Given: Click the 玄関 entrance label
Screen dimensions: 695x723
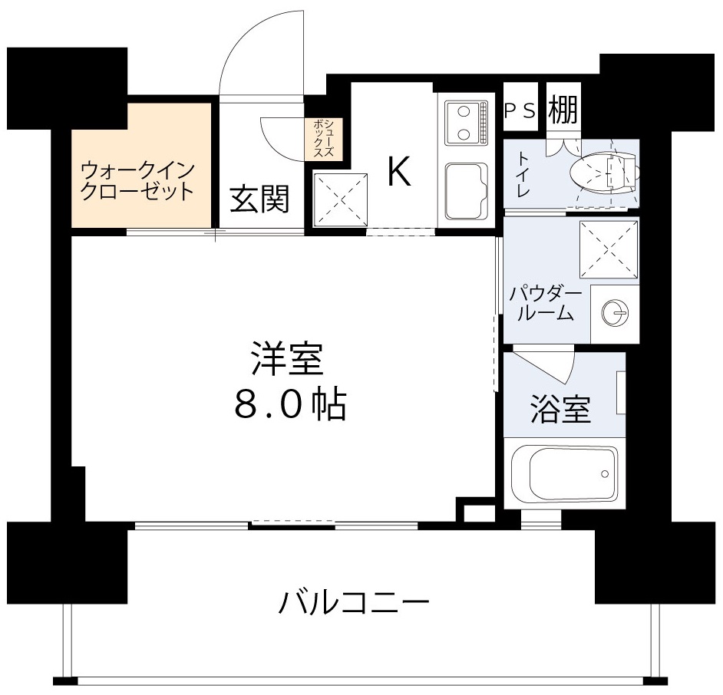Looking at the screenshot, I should tap(259, 199).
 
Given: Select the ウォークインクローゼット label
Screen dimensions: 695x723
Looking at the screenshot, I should tap(137, 180).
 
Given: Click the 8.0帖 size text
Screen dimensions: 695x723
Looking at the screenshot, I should tap(289, 403).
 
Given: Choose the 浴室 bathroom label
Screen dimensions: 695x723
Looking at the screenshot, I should tap(560, 410).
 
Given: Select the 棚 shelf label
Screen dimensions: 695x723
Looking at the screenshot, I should tap(562, 111).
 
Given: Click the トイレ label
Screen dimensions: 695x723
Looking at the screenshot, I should tap(522, 174).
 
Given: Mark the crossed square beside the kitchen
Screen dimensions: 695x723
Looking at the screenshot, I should tap(340, 200).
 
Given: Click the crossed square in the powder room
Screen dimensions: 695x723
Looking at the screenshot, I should tap(609, 249).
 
